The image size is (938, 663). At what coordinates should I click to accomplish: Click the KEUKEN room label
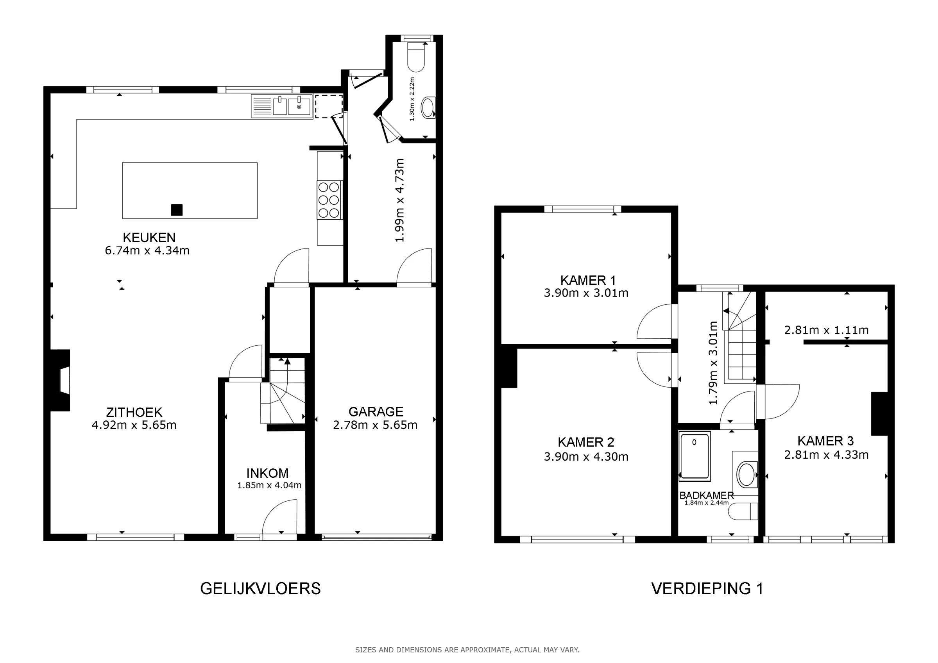[149, 237]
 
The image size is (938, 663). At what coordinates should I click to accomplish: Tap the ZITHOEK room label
[134, 412]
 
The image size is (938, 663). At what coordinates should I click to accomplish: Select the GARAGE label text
[376, 412]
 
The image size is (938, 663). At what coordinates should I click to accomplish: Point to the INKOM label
[268, 473]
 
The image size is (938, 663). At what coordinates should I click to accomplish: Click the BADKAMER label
[706, 495]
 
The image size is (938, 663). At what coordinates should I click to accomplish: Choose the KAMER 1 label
[588, 280]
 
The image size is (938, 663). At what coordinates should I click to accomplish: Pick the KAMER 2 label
[586, 442]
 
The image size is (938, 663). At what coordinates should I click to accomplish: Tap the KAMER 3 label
[826, 441]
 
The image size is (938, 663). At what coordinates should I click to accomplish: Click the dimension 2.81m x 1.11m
[826, 330]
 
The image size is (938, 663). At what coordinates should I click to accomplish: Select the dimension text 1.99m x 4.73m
[399, 200]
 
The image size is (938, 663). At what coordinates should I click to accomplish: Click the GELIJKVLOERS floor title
[260, 589]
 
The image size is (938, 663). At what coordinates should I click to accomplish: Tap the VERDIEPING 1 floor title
[707, 589]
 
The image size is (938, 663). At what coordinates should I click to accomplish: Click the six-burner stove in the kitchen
[329, 200]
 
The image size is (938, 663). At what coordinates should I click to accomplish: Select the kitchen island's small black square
[177, 210]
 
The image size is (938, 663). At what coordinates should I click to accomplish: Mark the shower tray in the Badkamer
[695, 456]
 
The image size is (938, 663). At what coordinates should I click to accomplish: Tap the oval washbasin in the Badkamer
[747, 474]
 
